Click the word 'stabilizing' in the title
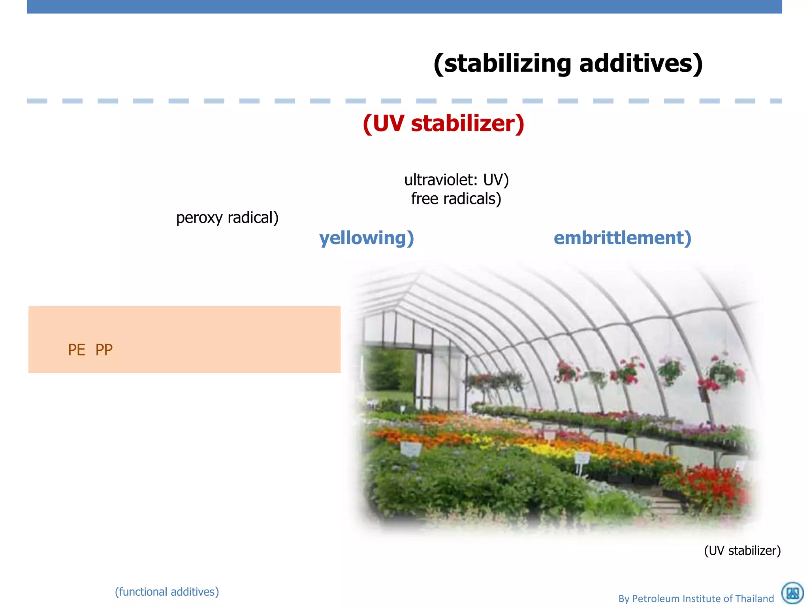507,64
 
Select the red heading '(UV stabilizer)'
443,123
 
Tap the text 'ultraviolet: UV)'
456,180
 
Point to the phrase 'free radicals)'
456,199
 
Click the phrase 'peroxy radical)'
227,218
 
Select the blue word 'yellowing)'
366,238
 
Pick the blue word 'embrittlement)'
622,238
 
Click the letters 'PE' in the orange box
76,350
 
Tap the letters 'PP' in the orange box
104,350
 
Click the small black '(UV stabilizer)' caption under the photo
742,550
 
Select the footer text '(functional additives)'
167,592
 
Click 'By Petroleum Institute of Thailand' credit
696,599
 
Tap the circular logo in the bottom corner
792,593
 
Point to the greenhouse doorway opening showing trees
389,371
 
